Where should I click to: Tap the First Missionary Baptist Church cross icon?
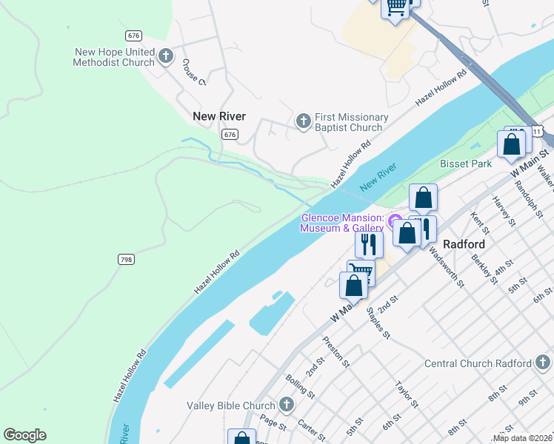point(302,121)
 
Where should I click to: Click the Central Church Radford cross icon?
point(543,363)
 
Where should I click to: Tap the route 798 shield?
point(126,259)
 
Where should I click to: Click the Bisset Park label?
point(465,163)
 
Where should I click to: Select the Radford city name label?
point(464,244)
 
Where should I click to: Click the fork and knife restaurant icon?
point(369,243)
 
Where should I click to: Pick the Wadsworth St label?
point(444,269)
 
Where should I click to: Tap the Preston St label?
point(336,351)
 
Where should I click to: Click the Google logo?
point(24,435)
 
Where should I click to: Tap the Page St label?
point(273,423)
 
